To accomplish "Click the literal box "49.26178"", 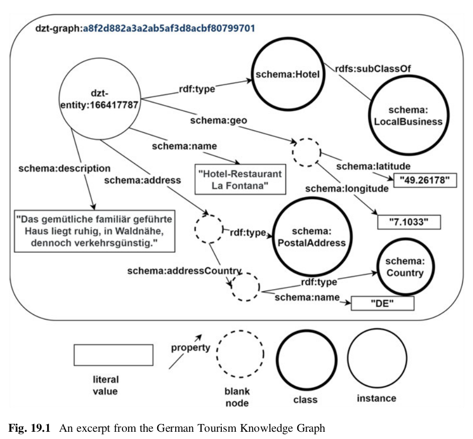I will pyautogui.click(x=425, y=180).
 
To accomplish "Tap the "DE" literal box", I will pyautogui.click(x=383, y=302).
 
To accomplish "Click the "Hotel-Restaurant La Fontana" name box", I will pyautogui.click(x=240, y=180).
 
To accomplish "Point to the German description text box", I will pyautogui.click(x=94, y=231).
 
